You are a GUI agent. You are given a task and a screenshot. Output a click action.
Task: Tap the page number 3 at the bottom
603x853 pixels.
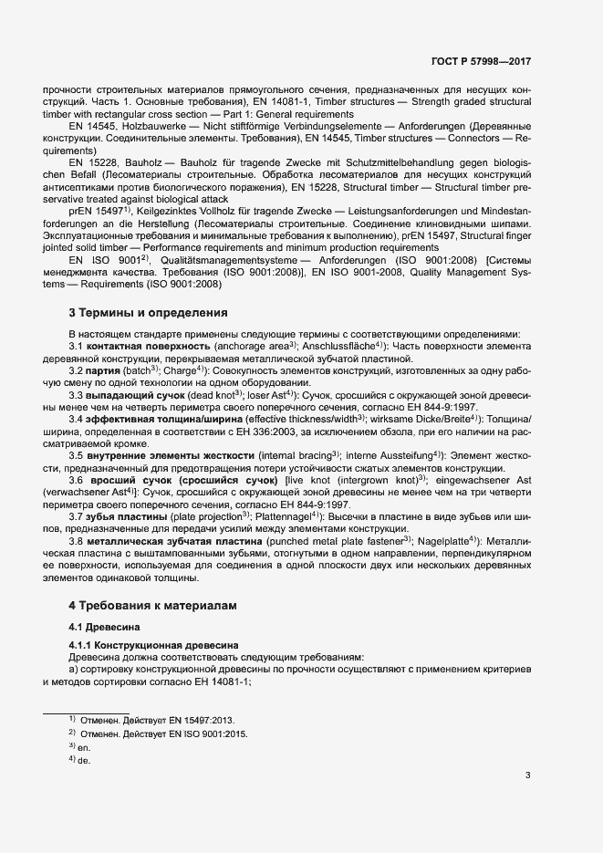(x=527, y=776)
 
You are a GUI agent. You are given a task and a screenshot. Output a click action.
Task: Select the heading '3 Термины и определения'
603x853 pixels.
(x=149, y=313)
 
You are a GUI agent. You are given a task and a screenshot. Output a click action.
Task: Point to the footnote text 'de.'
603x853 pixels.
(x=84, y=760)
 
